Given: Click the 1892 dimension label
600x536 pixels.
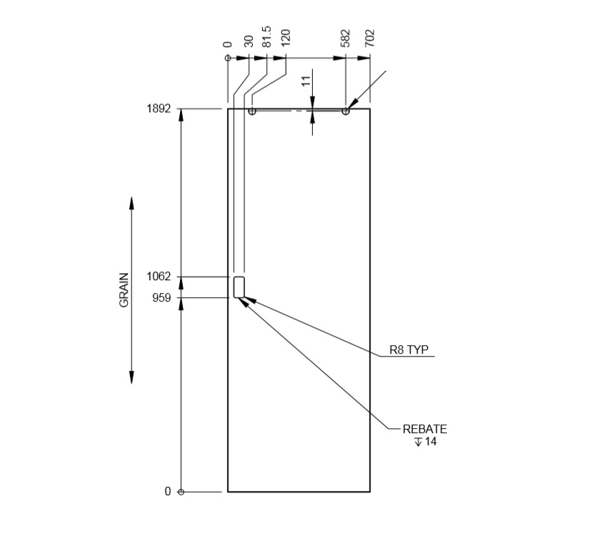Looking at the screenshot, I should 159,109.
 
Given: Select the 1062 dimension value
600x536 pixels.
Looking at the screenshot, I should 159,277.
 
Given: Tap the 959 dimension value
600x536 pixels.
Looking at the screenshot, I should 161,298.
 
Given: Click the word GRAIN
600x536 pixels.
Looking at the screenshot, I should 124,290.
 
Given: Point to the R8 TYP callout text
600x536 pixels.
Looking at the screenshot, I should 409,350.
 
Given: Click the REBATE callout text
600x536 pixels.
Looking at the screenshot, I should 424,429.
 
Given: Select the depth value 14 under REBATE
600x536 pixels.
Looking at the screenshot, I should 431,442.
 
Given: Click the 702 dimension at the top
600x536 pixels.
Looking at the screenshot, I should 369,39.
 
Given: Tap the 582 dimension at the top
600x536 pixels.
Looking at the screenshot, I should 346,39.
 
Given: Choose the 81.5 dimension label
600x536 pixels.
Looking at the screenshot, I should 266,36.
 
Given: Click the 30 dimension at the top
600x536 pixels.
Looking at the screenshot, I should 249,41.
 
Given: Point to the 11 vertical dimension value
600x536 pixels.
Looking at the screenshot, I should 306,80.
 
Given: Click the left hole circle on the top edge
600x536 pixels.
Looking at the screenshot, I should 251,111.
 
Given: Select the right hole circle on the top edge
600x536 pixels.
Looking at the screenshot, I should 346,111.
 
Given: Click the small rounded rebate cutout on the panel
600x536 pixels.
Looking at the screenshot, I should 239,287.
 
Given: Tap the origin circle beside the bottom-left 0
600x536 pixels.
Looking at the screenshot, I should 181,492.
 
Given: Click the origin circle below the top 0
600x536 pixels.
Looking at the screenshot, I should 228,58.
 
